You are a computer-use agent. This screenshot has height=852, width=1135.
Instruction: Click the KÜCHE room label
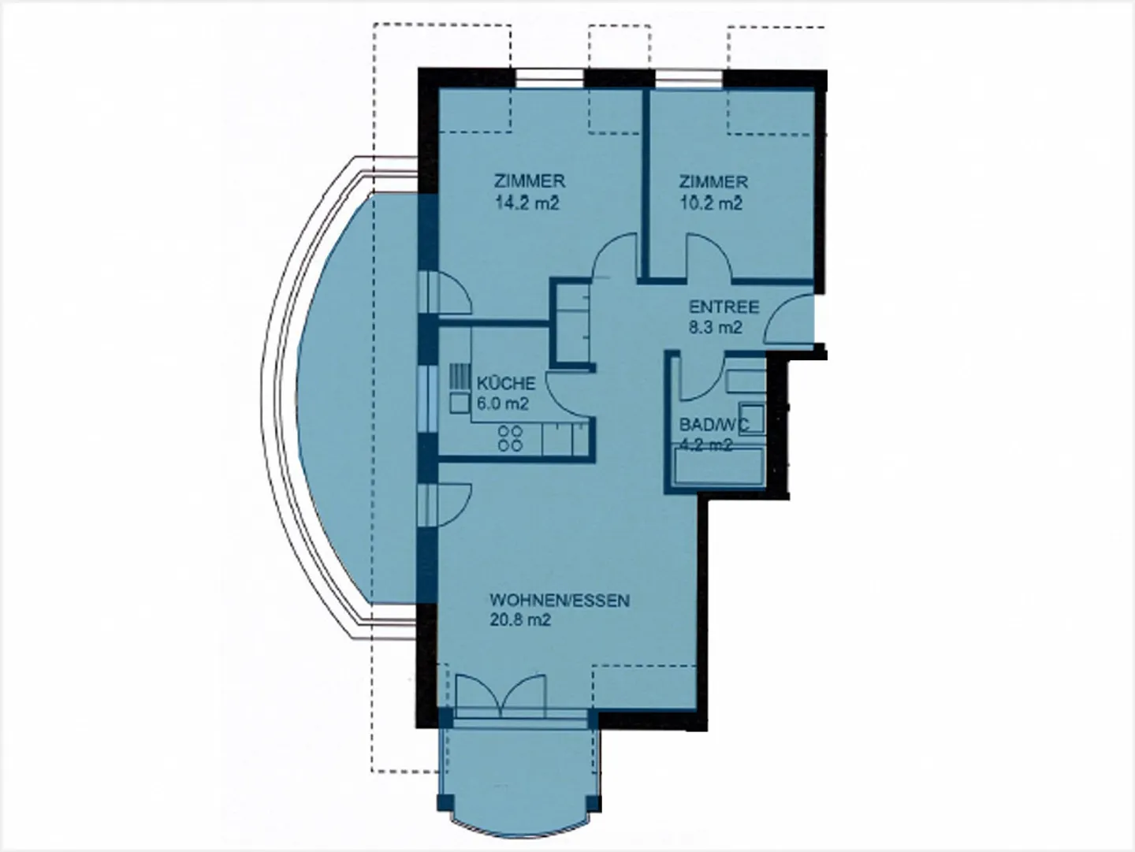click(x=506, y=384)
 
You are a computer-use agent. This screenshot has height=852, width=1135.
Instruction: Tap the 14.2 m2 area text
click(x=527, y=203)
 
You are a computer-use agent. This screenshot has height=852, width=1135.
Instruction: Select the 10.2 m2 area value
click(x=712, y=203)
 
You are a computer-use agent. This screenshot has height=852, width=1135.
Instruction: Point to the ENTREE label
click(x=724, y=307)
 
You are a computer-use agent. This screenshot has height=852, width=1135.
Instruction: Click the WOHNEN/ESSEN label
click(x=560, y=601)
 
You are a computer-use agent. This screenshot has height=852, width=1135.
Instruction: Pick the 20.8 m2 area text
click(x=520, y=620)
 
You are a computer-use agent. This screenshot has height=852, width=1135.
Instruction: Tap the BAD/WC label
click(x=709, y=425)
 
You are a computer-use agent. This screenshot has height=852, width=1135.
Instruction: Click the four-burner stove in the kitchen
click(x=511, y=438)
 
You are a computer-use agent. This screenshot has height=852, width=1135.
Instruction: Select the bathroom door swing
click(x=701, y=378)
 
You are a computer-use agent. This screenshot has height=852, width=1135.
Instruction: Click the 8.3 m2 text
click(x=716, y=328)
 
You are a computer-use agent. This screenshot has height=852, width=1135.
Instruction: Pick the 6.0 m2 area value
click(x=502, y=404)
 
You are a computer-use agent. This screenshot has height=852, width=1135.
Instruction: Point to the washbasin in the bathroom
click(x=753, y=415)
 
